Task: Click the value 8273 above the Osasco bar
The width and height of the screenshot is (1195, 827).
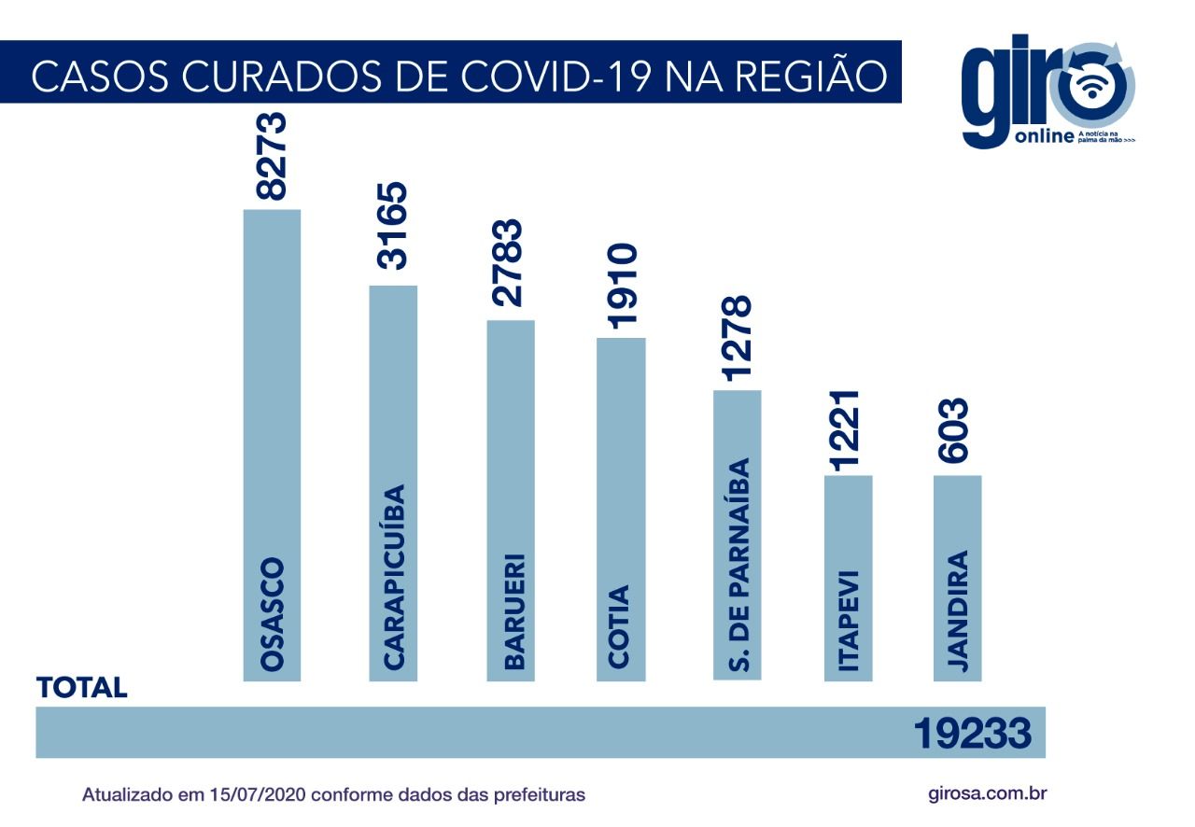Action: pyautogui.click(x=272, y=157)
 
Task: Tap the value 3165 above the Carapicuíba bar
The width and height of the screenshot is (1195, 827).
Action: pyautogui.click(x=393, y=227)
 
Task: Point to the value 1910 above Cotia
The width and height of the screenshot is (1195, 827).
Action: pyautogui.click(x=621, y=286)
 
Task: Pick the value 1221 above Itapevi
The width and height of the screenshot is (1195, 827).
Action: pyautogui.click(x=848, y=431)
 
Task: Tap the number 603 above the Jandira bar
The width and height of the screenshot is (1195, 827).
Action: pyautogui.click(x=957, y=431)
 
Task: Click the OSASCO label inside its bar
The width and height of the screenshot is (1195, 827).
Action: pyautogui.click(x=272, y=615)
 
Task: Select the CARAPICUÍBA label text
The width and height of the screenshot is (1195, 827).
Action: pyautogui.click(x=393, y=577)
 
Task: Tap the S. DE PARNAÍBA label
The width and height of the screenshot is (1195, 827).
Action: pyautogui.click(x=738, y=568)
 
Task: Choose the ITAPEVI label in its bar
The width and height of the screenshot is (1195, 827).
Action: pyautogui.click(x=848, y=622)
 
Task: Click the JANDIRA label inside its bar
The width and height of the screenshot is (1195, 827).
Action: pyautogui.click(x=957, y=612)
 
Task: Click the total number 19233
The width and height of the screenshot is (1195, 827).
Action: pyautogui.click(x=972, y=734)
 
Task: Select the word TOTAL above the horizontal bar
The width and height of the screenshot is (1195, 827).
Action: pyautogui.click(x=81, y=689)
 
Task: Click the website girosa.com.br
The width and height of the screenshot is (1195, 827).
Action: pyautogui.click(x=989, y=794)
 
